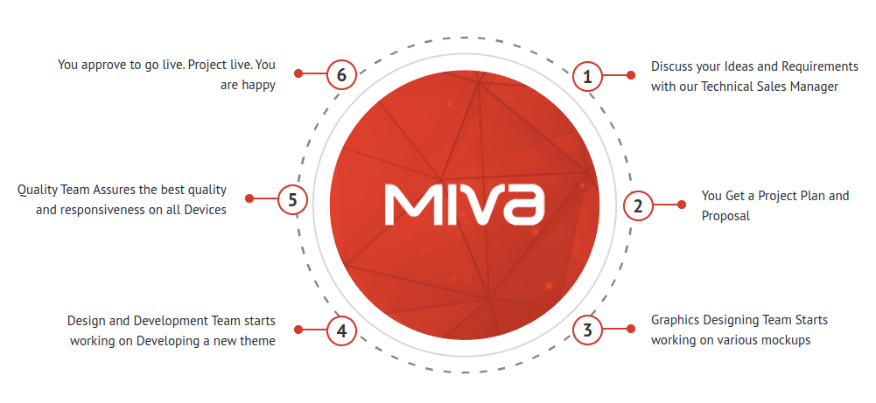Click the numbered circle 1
tap(587, 77)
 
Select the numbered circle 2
tap(638, 206)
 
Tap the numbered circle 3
tap(587, 330)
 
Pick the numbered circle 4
tap(341, 331)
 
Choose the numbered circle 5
tap(292, 199)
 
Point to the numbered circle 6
tap(341, 74)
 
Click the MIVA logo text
tap(465, 205)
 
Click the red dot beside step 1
tap(631, 75)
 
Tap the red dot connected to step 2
tap(682, 205)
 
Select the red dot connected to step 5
tap(249, 198)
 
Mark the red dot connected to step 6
tap(298, 73)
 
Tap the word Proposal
tap(725, 216)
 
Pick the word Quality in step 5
tap(37, 191)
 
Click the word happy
tap(259, 86)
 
